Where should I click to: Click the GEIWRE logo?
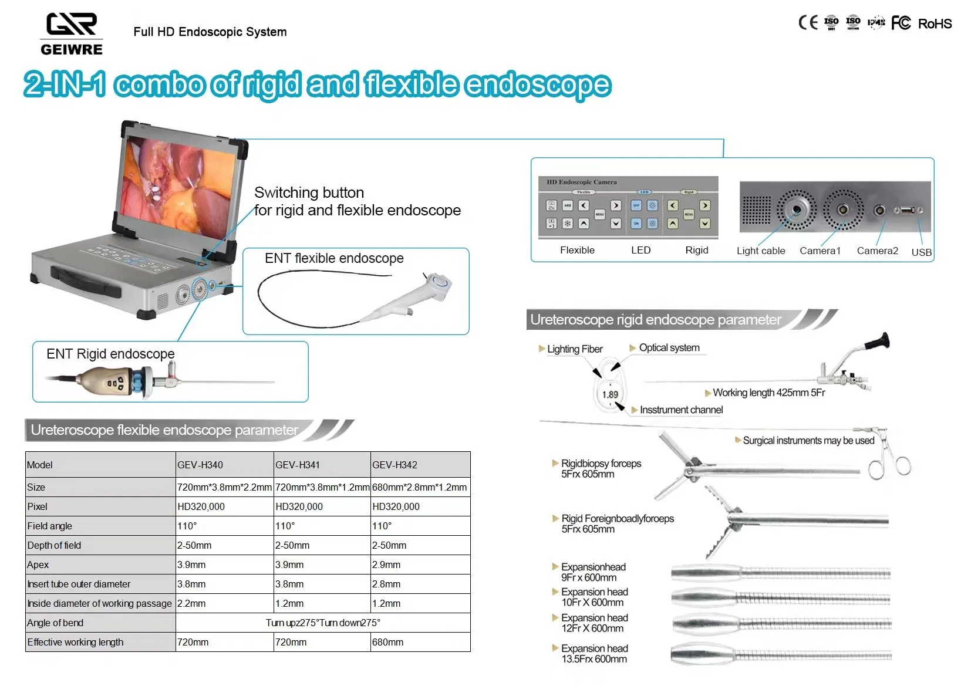pyautogui.click(x=72, y=34)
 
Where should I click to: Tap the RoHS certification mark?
pyautogui.click(x=935, y=23)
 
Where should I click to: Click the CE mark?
pyautogui.click(x=808, y=23)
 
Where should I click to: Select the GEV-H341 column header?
pyautogui.click(x=298, y=465)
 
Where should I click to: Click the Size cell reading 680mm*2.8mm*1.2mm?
pyautogui.click(x=420, y=487)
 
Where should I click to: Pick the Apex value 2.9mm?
pyautogui.click(x=386, y=565)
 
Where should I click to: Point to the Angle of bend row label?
pyautogui.click(x=55, y=623)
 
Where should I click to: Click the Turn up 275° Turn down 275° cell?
pyautogui.click(x=323, y=623)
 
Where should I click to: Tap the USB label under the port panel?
pyautogui.click(x=921, y=252)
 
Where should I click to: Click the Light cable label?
pyautogui.click(x=760, y=251)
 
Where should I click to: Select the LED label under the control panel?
pyautogui.click(x=640, y=250)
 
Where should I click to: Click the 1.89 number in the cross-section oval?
pyautogui.click(x=610, y=394)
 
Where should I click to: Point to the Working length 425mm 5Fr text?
pyautogui.click(x=768, y=393)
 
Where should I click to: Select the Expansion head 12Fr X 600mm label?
pyautogui.click(x=594, y=623)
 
